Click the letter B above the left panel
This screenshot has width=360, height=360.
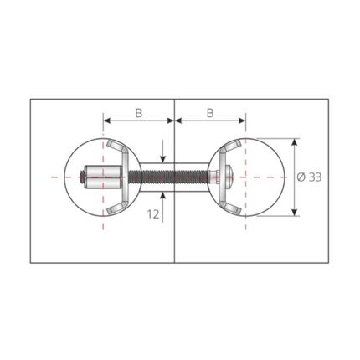[139, 113]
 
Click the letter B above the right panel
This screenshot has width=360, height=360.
[210, 113]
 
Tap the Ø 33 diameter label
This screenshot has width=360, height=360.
[309, 177]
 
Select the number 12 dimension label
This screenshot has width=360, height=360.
[153, 214]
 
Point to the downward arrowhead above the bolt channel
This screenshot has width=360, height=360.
[163, 158]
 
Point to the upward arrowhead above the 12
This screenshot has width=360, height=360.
[163, 196]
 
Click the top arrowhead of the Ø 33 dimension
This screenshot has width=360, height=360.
[294, 142]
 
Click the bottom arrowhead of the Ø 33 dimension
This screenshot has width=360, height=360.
[294, 212]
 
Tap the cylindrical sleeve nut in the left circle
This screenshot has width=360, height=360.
[103, 177]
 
